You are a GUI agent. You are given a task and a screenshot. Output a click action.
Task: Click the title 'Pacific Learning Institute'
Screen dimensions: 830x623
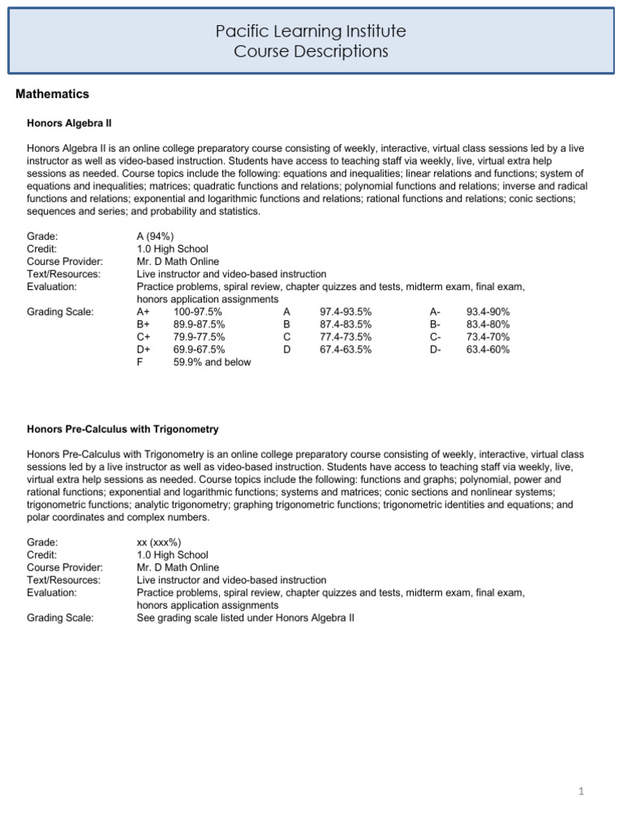(x=311, y=32)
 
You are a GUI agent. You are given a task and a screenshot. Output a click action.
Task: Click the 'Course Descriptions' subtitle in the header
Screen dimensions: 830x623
(x=311, y=52)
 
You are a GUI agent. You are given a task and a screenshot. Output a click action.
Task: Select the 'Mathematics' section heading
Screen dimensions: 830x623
(x=53, y=95)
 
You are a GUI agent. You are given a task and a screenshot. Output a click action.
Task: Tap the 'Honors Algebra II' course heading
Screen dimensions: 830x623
(x=69, y=124)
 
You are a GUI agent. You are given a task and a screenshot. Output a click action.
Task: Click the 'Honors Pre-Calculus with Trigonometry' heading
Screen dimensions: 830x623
(x=122, y=428)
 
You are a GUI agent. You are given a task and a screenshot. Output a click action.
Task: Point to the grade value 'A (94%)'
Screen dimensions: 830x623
(x=156, y=236)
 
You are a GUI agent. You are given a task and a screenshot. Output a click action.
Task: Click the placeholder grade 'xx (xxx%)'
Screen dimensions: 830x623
(x=159, y=541)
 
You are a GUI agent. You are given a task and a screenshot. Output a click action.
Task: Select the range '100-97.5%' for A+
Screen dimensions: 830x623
(x=198, y=312)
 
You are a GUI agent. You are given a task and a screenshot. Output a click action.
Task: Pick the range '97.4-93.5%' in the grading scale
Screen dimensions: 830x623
(x=346, y=312)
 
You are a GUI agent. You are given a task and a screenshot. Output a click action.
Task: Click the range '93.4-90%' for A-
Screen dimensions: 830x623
(x=488, y=312)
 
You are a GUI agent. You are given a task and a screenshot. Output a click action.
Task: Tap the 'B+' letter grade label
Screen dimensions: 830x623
(x=144, y=324)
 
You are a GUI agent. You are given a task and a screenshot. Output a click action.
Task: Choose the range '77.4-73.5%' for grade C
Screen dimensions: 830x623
(x=346, y=337)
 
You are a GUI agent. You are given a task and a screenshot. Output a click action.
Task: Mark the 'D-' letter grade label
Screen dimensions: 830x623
(x=436, y=349)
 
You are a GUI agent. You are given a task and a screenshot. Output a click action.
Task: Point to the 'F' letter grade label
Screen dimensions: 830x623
(x=140, y=362)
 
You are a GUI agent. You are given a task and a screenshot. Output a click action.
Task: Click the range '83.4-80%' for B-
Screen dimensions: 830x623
(x=488, y=324)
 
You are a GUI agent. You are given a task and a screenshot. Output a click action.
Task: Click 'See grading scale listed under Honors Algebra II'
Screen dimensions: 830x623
(x=246, y=618)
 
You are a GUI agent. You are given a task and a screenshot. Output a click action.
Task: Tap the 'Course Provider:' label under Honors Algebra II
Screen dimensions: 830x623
(x=65, y=262)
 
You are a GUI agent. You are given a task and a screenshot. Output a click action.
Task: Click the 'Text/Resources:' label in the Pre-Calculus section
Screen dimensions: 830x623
(x=64, y=580)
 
